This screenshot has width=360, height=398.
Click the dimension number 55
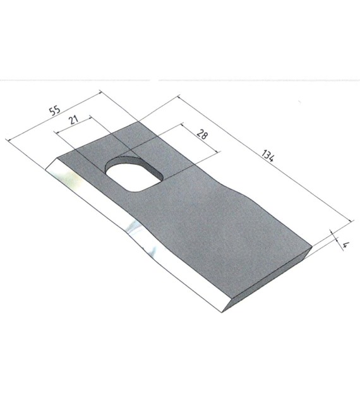point(55,111)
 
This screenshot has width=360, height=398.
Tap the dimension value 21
point(74,119)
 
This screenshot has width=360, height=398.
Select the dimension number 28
point(202,134)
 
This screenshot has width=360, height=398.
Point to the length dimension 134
point(268,155)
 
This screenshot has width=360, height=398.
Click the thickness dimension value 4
point(346,245)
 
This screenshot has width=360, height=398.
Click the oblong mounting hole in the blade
point(135,174)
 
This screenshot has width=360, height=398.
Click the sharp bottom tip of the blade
point(222,312)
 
